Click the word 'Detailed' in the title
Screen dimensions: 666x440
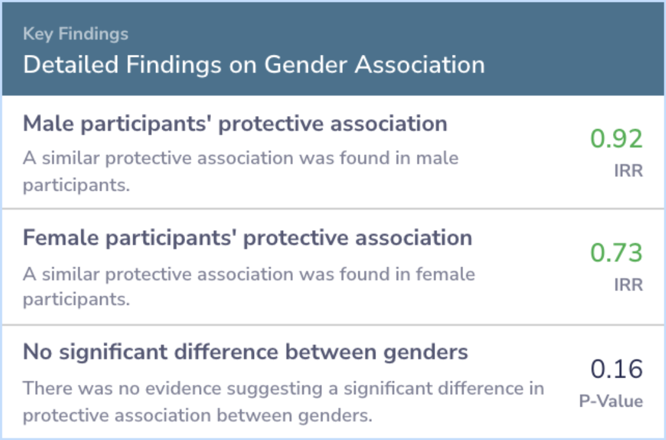coord(70,65)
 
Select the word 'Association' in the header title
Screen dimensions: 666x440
coord(420,65)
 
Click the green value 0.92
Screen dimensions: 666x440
coord(616,139)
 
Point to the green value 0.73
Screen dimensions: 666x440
coord(616,252)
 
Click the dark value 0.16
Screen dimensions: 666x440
coord(616,369)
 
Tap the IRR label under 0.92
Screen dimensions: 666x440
coord(628,171)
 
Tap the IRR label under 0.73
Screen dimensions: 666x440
coord(628,285)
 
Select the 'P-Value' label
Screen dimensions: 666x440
coord(610,401)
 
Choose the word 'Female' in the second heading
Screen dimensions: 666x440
coord(60,238)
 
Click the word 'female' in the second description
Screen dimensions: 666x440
coord(446,274)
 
